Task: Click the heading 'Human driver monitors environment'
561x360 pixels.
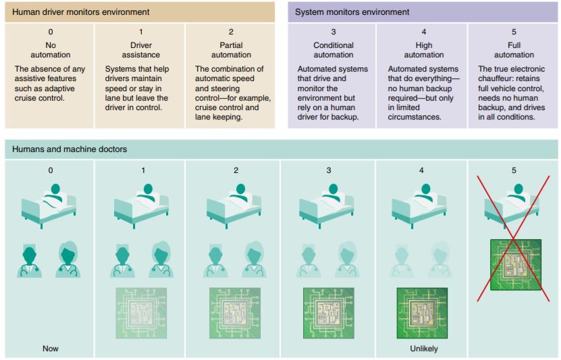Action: click(81, 12)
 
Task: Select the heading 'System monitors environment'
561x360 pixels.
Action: click(352, 12)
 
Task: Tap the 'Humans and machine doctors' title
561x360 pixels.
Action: click(70, 149)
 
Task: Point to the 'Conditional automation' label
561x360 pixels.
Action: click(333, 50)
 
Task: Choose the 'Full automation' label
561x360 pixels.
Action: click(514, 50)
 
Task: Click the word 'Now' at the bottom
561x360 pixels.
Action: click(50, 349)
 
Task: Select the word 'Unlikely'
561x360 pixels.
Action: click(423, 349)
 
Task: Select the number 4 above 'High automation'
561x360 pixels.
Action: click(423, 32)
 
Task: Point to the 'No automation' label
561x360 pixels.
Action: click(50, 50)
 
